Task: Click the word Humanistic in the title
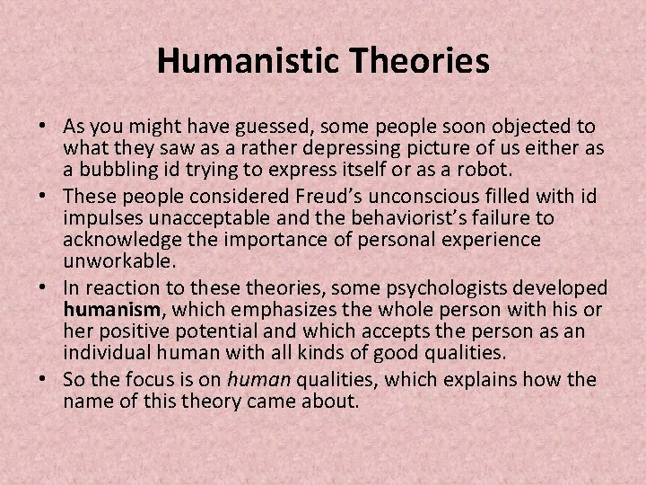coord(236,62)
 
